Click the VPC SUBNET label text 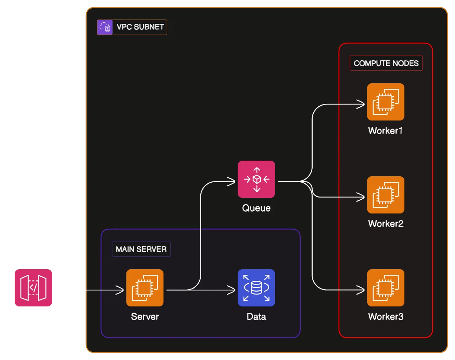(x=140, y=27)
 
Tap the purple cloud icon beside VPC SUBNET (x=104, y=27)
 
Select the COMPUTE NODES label (x=386, y=63)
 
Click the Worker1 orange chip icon (x=385, y=102)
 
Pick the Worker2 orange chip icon (x=385, y=195)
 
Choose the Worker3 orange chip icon (x=385, y=288)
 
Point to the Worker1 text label (x=385, y=131)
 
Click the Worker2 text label (x=385, y=224)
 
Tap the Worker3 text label (x=385, y=317)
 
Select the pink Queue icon (x=256, y=179)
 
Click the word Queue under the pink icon (x=256, y=208)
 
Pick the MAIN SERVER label (x=141, y=249)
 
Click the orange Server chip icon (x=145, y=288)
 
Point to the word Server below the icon (x=145, y=317)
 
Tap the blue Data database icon (x=256, y=288)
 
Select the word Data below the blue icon (x=256, y=317)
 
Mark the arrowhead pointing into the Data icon (x=232, y=290)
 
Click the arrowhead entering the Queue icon (x=232, y=181)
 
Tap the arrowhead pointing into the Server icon (x=120, y=290)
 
